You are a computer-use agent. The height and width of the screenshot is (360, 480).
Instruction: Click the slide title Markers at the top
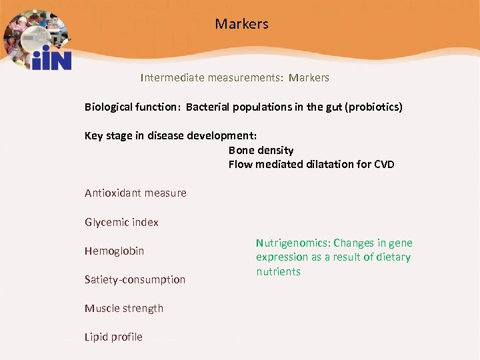[x=241, y=24]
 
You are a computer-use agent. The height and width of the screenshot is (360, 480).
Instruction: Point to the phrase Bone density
[x=261, y=150]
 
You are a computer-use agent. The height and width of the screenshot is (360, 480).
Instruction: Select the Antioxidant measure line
[x=135, y=193]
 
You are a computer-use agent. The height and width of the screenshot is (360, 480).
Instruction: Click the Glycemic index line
[x=121, y=222]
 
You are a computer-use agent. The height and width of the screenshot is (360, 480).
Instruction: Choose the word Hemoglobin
[x=114, y=251]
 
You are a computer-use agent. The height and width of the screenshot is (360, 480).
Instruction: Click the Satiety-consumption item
[x=135, y=279]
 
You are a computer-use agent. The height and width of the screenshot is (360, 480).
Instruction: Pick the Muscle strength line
[x=123, y=308]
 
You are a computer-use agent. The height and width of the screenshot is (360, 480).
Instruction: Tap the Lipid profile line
[x=113, y=337]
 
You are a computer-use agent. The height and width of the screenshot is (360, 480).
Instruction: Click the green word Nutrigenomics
[x=292, y=243]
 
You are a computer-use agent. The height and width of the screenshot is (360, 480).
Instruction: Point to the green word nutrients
[x=278, y=271]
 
